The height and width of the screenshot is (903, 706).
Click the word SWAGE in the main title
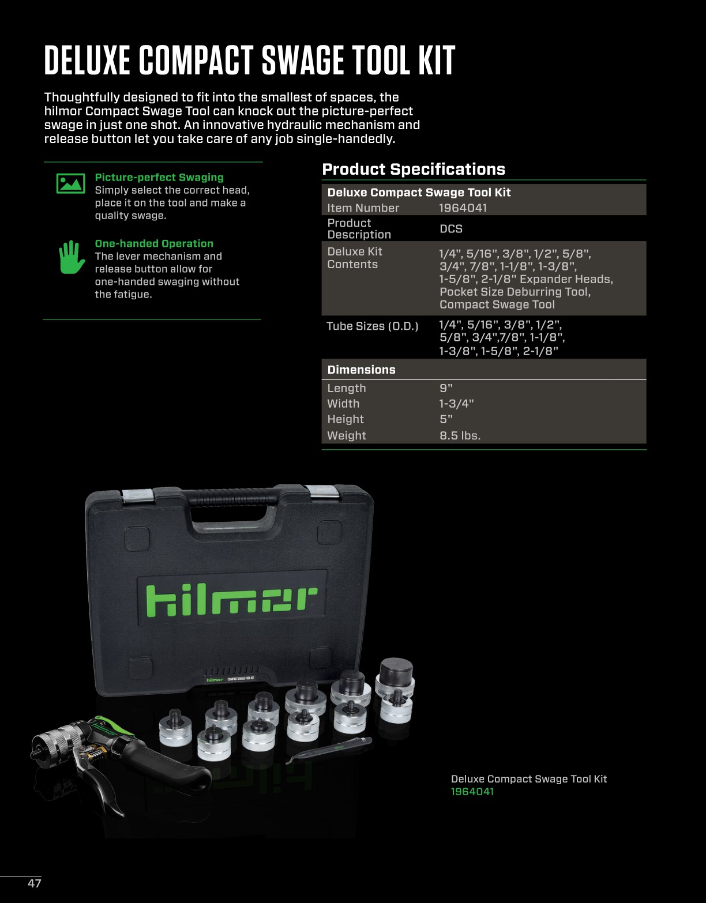point(302,60)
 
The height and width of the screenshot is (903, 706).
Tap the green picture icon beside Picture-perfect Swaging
point(70,183)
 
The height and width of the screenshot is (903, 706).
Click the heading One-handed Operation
point(154,243)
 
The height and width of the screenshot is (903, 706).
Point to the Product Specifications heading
point(413,169)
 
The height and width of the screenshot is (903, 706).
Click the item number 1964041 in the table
point(463,208)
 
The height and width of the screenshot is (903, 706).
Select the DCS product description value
point(450,229)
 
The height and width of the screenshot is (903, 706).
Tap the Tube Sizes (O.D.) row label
point(372,326)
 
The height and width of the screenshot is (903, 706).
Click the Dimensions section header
point(361,370)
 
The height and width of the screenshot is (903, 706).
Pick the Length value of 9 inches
point(446,388)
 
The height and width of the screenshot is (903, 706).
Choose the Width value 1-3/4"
point(456,404)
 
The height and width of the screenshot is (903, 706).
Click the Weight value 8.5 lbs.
point(460,435)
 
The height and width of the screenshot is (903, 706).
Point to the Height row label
point(345,419)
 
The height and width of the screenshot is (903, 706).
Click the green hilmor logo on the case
point(231,600)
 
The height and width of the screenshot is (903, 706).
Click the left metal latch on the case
point(137,495)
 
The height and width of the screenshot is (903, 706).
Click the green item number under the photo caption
point(472,792)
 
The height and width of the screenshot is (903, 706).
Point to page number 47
point(34,883)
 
